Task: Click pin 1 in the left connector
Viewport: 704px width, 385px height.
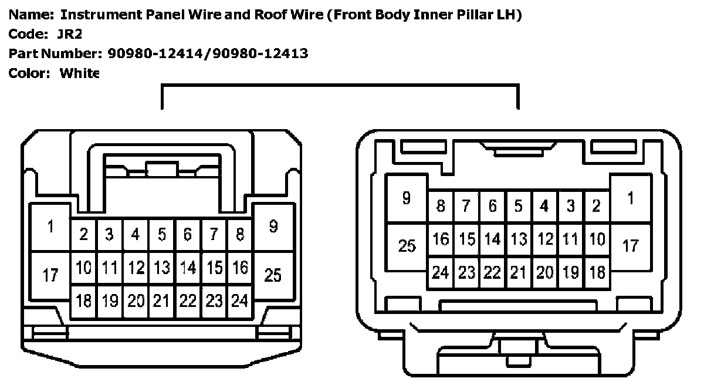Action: pyautogui.click(x=50, y=227)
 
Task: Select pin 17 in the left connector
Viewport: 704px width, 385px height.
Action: pyautogui.click(x=50, y=274)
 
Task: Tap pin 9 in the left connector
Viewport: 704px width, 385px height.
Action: pyautogui.click(x=273, y=227)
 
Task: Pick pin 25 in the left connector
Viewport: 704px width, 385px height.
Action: pyautogui.click(x=273, y=274)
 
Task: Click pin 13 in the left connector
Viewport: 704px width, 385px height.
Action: pyautogui.click(x=161, y=268)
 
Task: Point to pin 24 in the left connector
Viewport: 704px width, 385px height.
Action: pyautogui.click(x=239, y=301)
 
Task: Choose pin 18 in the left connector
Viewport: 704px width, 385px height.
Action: pyautogui.click(x=84, y=301)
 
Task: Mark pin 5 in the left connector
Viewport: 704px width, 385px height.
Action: pyautogui.click(x=161, y=235)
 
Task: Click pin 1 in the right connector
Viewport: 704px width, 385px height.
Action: pyautogui.click(x=631, y=198)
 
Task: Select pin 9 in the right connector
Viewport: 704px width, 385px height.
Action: pyautogui.click(x=407, y=198)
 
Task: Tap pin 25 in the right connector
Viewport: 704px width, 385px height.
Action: pyautogui.click(x=407, y=246)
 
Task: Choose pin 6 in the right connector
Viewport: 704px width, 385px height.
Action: pyautogui.click(x=493, y=207)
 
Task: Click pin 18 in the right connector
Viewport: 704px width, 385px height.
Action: pyautogui.click(x=597, y=272)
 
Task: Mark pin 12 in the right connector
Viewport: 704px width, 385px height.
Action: pyautogui.click(x=545, y=239)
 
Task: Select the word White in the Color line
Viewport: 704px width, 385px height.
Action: pyautogui.click(x=79, y=73)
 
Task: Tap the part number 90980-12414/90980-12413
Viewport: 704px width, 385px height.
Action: pyautogui.click(x=208, y=54)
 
